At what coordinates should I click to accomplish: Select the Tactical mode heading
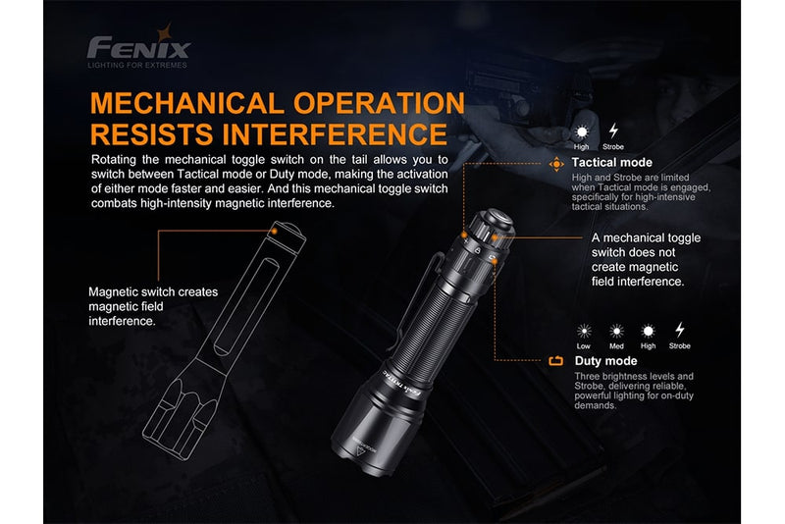612,163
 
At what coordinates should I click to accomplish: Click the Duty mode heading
605,361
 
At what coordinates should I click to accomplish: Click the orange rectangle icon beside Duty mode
556,361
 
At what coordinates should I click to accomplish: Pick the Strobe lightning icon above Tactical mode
614,131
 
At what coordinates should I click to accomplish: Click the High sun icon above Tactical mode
583,131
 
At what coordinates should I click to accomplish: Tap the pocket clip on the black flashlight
416,294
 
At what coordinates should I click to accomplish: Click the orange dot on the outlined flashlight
278,229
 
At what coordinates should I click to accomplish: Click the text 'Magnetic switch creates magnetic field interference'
153,306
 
